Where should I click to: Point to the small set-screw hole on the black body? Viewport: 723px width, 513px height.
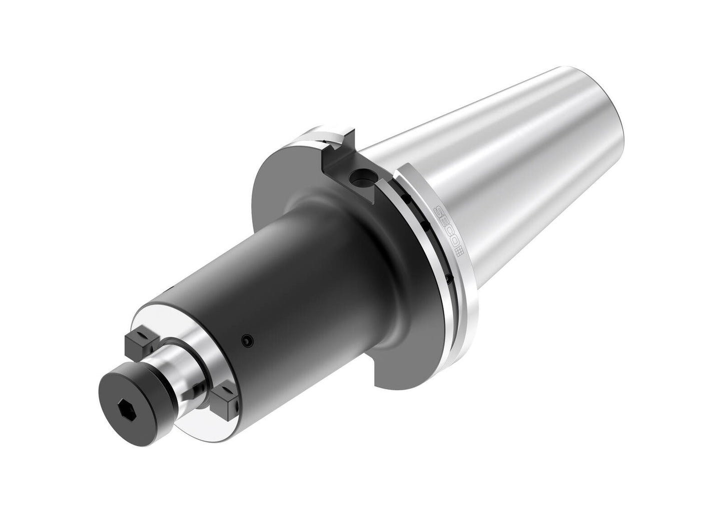click(x=245, y=341)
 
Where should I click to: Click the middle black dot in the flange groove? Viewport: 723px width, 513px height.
click(x=425, y=226)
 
